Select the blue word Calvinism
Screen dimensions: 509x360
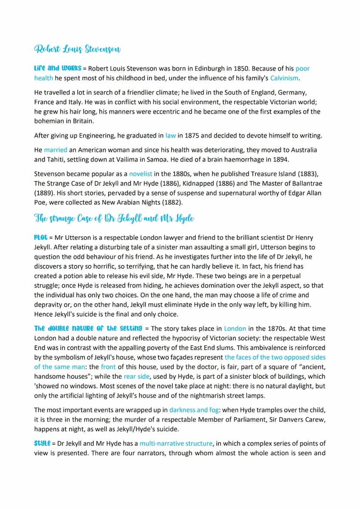coord(284,78)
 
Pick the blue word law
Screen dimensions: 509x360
coord(171,135)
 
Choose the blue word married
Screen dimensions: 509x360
coord(56,150)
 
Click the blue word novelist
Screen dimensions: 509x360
coord(140,173)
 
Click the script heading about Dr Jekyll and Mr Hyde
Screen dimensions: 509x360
coord(114,219)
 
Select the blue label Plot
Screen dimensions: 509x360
coord(40,238)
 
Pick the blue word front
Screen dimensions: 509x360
coord(108,366)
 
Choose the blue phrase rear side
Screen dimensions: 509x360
coord(136,376)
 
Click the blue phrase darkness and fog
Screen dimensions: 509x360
coord(195,409)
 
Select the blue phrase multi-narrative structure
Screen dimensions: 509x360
coord(176,443)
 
